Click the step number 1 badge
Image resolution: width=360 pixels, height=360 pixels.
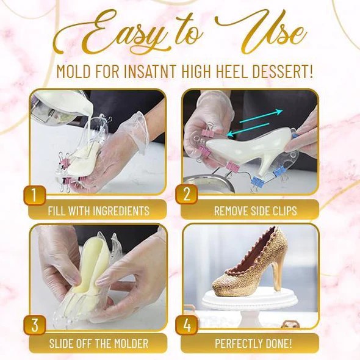pos(35,195)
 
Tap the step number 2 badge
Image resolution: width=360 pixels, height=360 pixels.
pos(187,194)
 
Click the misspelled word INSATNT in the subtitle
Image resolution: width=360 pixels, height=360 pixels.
pos(150,71)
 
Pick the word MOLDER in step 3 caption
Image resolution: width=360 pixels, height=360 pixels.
pos(131,344)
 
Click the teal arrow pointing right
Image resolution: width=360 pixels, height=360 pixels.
pos(261,117)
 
